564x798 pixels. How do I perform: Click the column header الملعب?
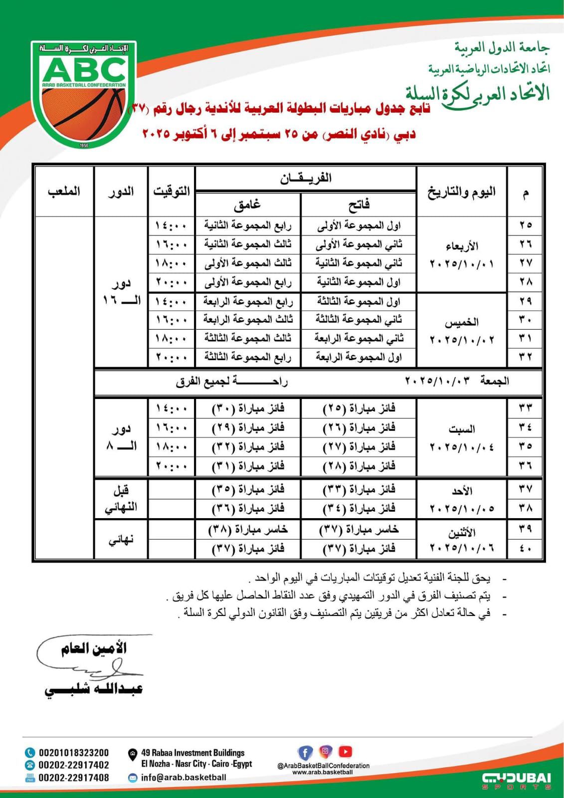tap(64, 191)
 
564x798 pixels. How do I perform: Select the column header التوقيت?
tap(171, 191)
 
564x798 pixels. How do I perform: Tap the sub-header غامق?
tap(247, 204)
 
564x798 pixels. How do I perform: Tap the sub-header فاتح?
tap(359, 204)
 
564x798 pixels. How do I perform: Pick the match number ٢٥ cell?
tap(526, 225)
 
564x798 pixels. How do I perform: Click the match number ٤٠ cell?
tap(526, 549)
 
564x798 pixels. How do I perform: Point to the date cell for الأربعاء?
tap(461, 254)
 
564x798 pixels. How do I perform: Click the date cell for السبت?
tap(461, 437)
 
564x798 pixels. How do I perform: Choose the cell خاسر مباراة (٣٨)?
tap(248, 530)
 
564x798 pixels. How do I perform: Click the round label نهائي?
tap(121, 540)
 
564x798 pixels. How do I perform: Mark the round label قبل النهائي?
tap(121, 499)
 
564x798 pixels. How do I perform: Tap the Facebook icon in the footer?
tap(305, 752)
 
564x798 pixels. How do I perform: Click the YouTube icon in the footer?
tap(345, 751)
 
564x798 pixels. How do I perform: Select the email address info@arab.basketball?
tap(183, 777)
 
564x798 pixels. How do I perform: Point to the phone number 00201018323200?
tap(73, 753)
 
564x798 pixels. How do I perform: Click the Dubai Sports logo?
tap(517, 780)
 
